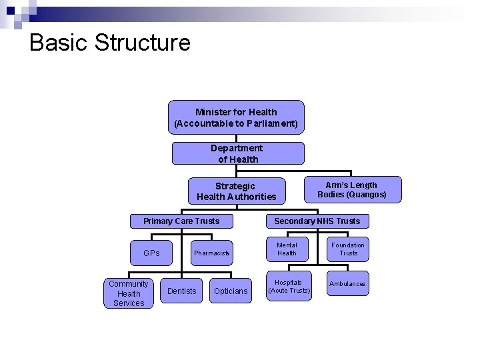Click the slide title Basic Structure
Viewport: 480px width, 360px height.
click(110, 43)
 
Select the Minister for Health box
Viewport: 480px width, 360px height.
click(236, 118)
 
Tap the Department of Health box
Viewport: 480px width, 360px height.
click(238, 153)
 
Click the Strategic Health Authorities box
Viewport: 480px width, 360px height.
click(236, 191)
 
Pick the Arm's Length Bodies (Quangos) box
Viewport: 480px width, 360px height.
click(352, 189)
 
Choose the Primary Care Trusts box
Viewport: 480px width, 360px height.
click(181, 221)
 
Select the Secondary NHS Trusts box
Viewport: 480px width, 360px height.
click(317, 221)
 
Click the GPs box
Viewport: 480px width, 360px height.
click(152, 253)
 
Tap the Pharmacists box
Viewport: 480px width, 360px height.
click(211, 253)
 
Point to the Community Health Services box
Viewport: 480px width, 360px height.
click(129, 293)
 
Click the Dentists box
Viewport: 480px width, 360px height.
click(182, 291)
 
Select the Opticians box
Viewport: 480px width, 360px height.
click(231, 291)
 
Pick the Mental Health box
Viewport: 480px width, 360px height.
click(287, 249)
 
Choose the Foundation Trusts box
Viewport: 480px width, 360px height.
click(348, 249)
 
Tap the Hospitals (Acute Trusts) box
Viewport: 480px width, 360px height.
click(289, 287)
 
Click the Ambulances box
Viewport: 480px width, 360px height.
click(347, 284)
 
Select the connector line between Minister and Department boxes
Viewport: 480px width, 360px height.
click(236, 138)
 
